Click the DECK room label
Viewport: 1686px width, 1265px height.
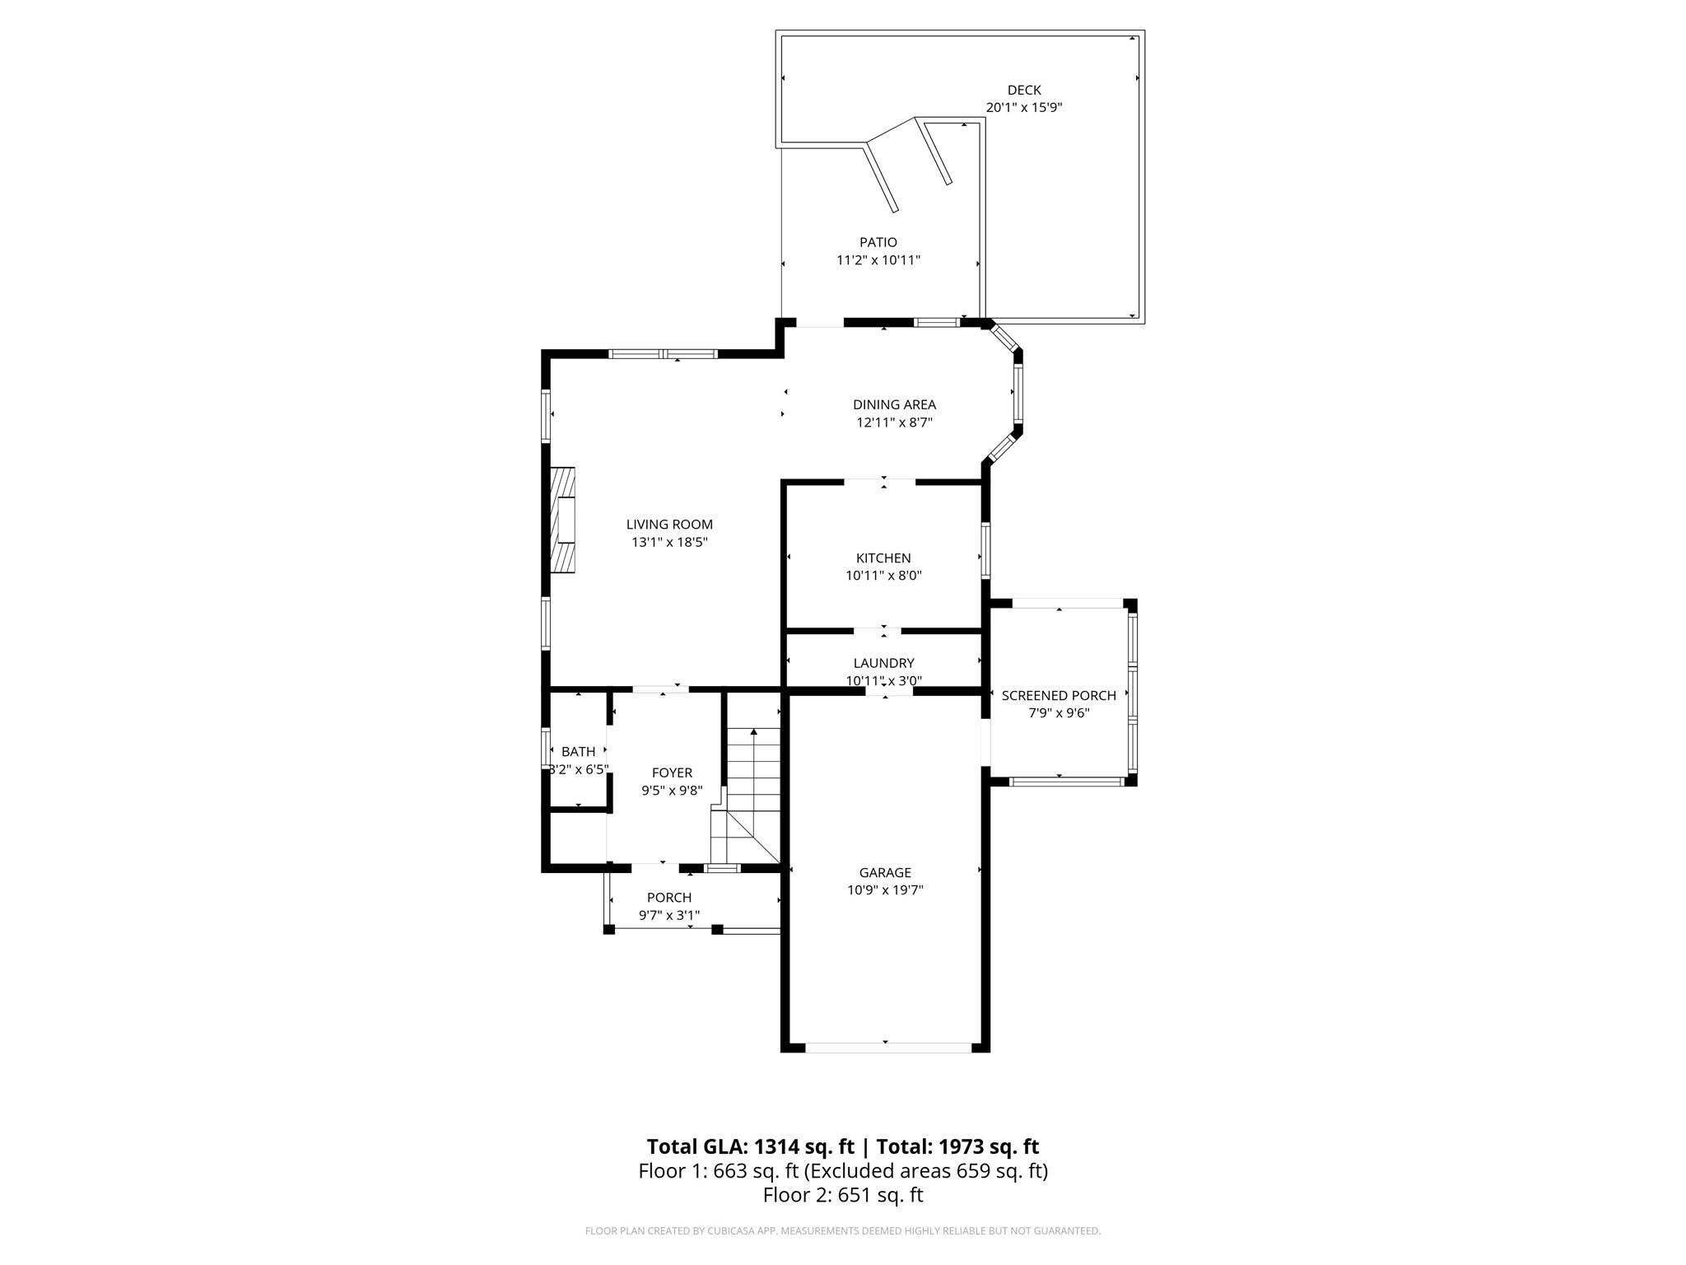[x=1024, y=90]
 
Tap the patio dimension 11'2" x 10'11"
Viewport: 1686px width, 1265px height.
[x=878, y=260]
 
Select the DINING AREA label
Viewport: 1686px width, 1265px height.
[x=894, y=404]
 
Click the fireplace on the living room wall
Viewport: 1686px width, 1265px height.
[x=562, y=520]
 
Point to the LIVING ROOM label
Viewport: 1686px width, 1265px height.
[x=669, y=524]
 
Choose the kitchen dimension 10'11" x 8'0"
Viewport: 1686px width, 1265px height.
[x=883, y=576]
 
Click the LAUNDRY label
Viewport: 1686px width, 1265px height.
[x=883, y=663]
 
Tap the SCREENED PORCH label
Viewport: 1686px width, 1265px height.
[x=1059, y=695]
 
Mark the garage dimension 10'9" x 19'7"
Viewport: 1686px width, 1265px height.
[x=885, y=889]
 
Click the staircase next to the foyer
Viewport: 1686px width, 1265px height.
[x=752, y=791]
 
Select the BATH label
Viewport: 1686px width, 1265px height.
[x=578, y=751]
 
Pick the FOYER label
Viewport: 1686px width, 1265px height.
[x=672, y=773]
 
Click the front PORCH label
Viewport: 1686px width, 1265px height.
[x=668, y=897]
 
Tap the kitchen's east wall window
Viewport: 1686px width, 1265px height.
[x=985, y=550]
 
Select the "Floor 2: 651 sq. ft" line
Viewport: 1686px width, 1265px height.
[x=842, y=1195]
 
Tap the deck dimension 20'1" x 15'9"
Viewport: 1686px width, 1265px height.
[x=1024, y=107]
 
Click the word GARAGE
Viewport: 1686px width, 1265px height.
[x=885, y=872]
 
